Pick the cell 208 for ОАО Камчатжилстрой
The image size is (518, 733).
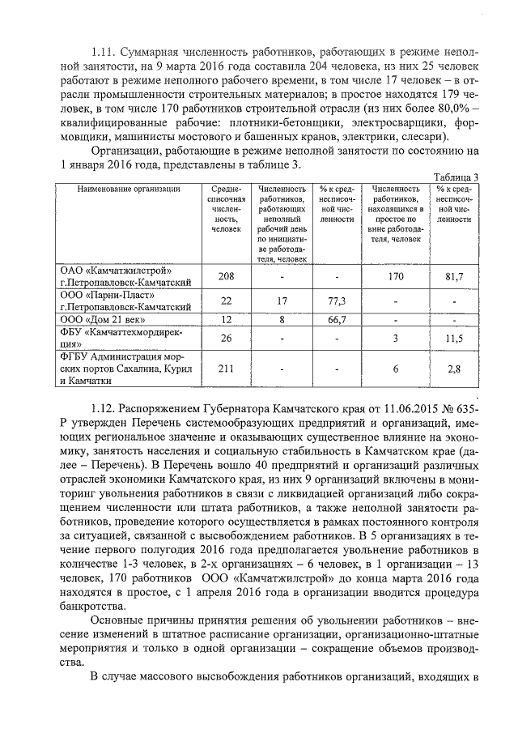coord(227,276)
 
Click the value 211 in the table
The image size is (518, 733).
coord(227,369)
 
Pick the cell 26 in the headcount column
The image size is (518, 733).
coord(227,338)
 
